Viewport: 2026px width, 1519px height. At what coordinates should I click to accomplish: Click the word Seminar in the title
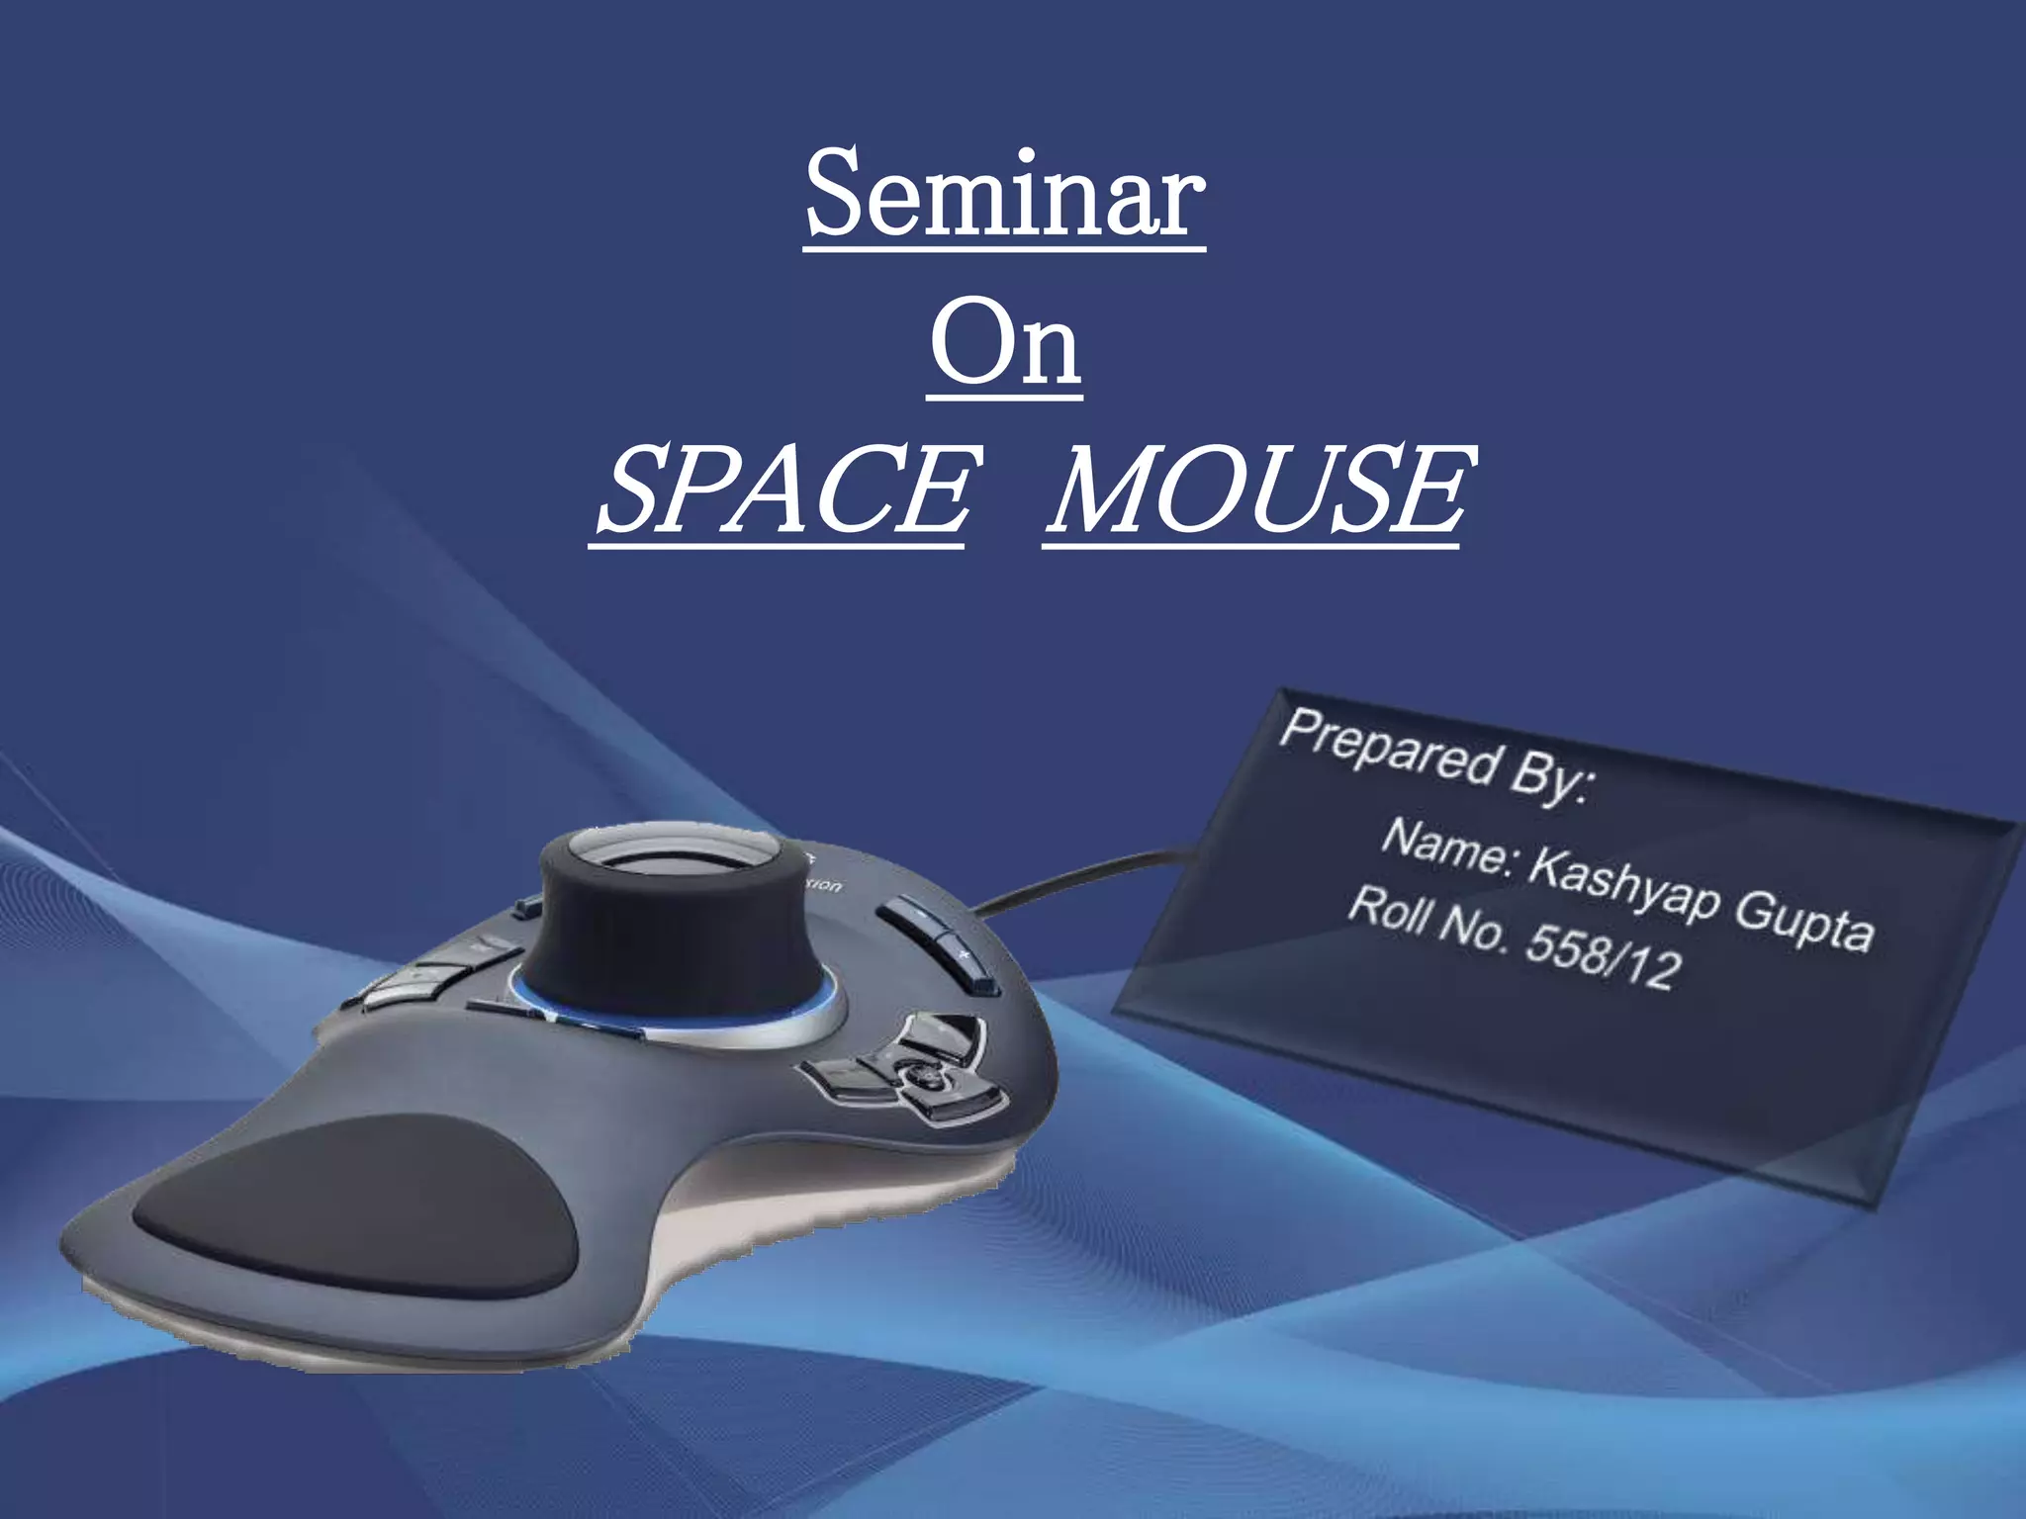pos(1004,195)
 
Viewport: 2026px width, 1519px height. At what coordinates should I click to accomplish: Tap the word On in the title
pos(1004,344)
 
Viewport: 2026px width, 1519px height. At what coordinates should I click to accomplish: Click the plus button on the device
pos(965,954)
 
